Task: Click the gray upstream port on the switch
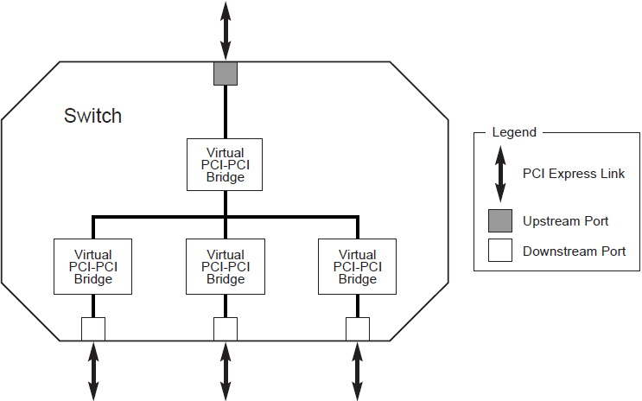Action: point(226,73)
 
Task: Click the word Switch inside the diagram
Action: point(92,116)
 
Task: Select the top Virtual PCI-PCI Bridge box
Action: point(226,165)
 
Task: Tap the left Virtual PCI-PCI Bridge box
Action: point(93,266)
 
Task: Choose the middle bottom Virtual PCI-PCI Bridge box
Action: point(226,266)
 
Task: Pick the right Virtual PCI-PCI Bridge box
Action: point(358,266)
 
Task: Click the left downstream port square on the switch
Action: point(93,329)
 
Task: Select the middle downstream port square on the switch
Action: point(226,329)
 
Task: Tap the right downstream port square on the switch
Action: point(358,329)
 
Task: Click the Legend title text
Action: point(513,132)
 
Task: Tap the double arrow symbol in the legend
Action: point(499,175)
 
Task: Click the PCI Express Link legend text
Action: point(573,174)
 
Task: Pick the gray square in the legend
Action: point(499,221)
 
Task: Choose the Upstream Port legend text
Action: point(565,221)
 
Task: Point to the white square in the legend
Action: point(499,251)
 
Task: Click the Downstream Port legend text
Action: point(574,252)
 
